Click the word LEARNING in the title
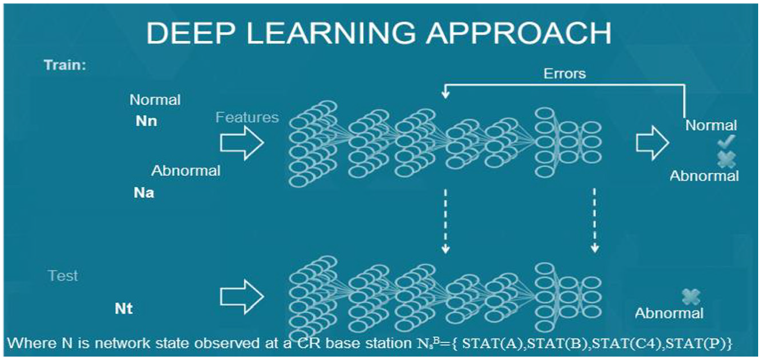point(330,33)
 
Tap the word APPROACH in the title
point(519,33)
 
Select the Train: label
point(65,65)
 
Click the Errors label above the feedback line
point(565,73)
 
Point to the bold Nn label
point(146,121)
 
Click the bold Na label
point(144,193)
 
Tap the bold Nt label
point(123,309)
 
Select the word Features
point(247,118)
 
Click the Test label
point(63,276)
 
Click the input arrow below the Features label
point(242,143)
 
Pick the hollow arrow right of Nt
point(242,296)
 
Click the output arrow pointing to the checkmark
point(652,143)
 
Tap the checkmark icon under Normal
point(726,142)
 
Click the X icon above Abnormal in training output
point(727,159)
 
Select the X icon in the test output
point(691,297)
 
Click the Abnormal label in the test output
point(669,313)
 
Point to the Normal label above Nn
point(155,100)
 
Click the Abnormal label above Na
point(186,171)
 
